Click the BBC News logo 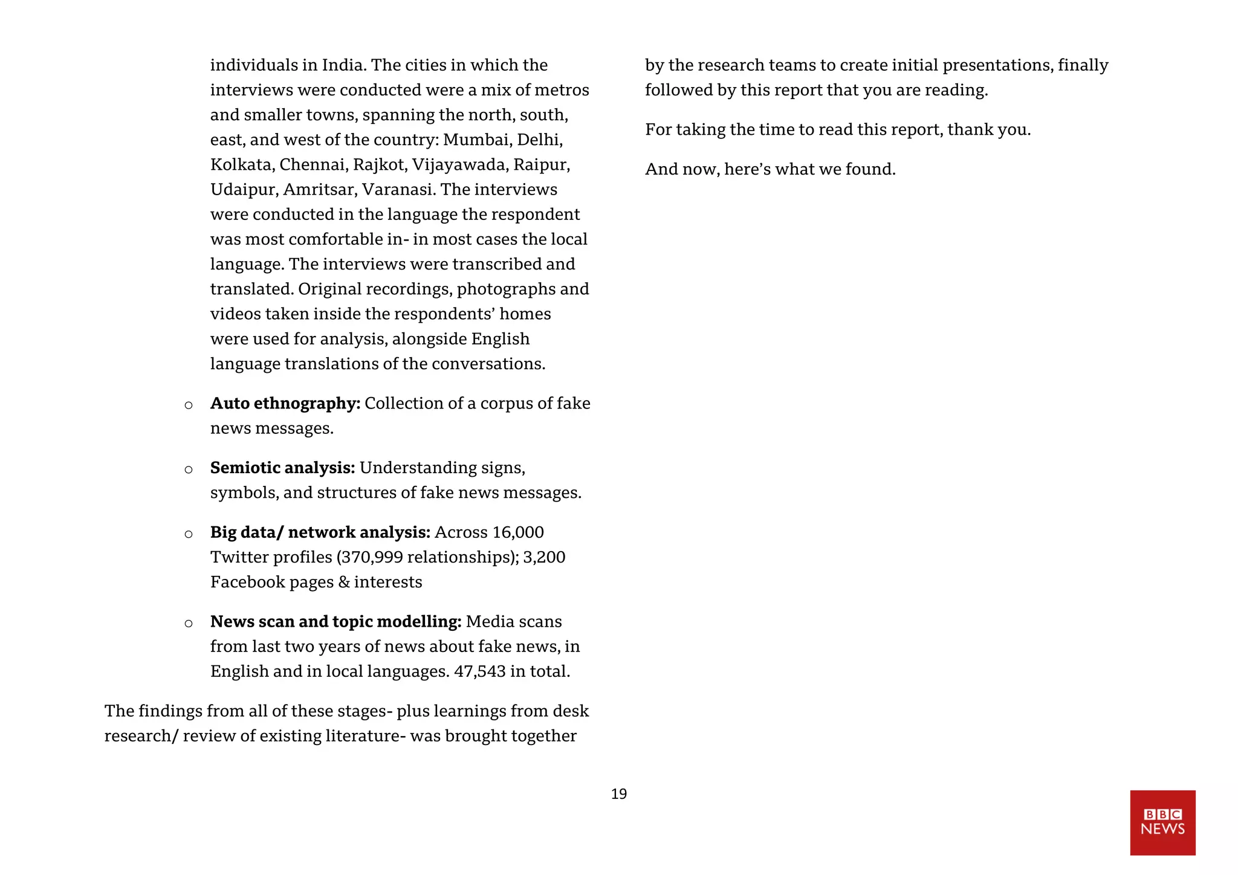coord(1162,822)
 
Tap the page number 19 coord(618,794)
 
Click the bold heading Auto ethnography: coord(285,403)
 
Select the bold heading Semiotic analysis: coord(282,468)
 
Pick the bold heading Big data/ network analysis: coord(320,532)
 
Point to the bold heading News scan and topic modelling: coord(335,622)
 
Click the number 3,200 coord(544,557)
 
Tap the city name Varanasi coord(398,190)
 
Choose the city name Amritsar coord(319,190)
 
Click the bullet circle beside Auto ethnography coord(189,405)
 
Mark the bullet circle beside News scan coord(189,623)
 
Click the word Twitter coord(241,557)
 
